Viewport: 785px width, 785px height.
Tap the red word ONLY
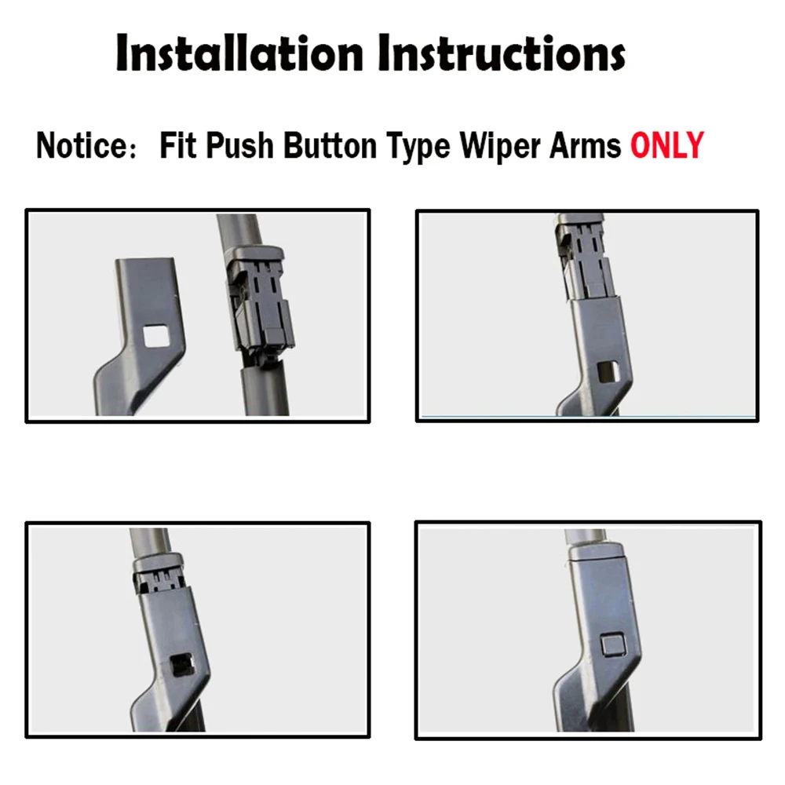(x=667, y=147)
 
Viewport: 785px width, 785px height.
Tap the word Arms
(x=590, y=147)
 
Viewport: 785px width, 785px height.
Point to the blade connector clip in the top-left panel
(x=260, y=302)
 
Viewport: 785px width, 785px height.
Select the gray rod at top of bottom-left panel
(x=149, y=542)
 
